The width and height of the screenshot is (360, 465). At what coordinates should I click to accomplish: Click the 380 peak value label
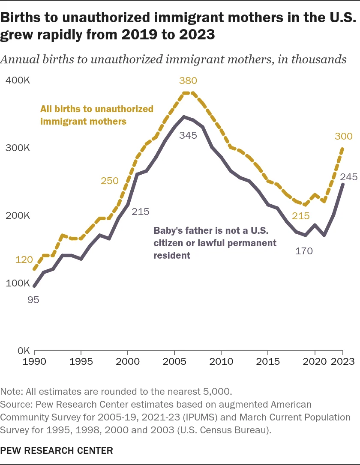tap(188, 80)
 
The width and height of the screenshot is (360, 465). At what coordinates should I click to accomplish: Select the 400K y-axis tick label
tap(18, 80)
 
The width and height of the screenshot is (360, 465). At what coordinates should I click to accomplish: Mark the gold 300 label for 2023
tap(343, 137)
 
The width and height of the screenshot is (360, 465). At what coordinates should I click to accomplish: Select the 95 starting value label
tap(33, 300)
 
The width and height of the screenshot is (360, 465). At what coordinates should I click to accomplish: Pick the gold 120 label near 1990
tap(24, 259)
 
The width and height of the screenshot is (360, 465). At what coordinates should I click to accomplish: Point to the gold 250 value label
tap(109, 181)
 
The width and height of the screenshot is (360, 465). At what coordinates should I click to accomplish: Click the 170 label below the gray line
tap(304, 251)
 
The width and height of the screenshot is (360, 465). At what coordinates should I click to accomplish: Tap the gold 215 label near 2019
tap(300, 216)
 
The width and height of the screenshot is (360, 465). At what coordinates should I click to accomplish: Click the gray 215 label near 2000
tap(141, 211)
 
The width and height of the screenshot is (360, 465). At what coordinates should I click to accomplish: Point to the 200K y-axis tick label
tap(18, 215)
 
